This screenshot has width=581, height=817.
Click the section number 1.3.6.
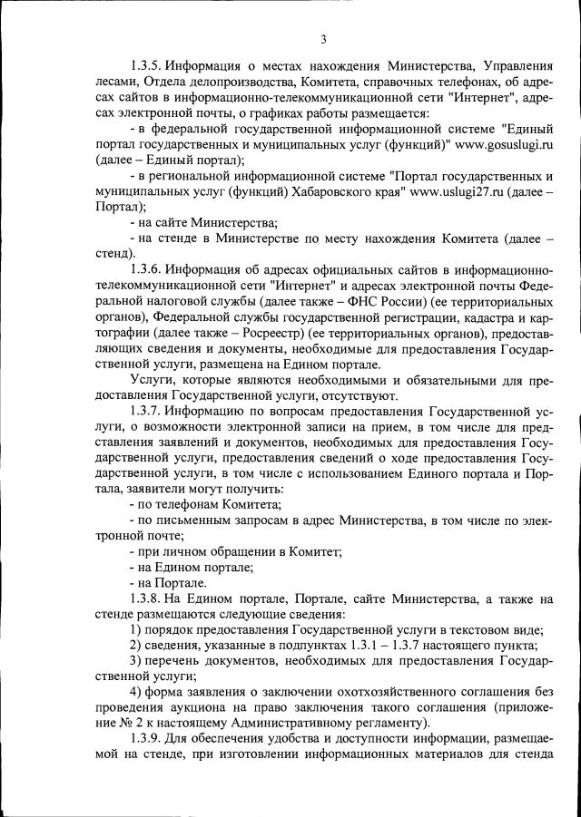[148, 270]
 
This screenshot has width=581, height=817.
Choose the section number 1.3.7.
[148, 412]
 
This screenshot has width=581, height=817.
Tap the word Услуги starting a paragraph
[152, 380]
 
